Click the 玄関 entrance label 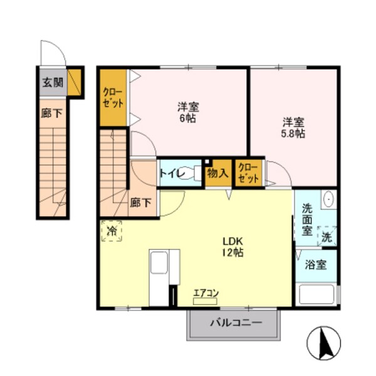click(x=53, y=81)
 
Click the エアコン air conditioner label click(x=206, y=292)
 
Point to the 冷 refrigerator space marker click(x=112, y=231)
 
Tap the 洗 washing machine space click(x=327, y=236)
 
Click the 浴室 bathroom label click(x=316, y=265)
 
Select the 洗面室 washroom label click(x=308, y=219)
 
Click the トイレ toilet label click(x=170, y=173)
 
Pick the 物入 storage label click(x=217, y=173)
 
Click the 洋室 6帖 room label click(x=187, y=112)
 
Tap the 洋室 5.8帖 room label click(x=293, y=127)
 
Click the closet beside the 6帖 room click(x=113, y=97)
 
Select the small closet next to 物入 click(x=249, y=173)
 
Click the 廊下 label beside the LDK click(x=141, y=202)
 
